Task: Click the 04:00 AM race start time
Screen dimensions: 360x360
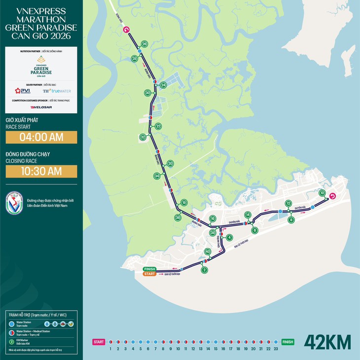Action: (x=41, y=137)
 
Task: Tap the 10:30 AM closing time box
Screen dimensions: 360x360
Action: (x=41, y=171)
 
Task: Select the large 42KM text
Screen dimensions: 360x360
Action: (x=327, y=342)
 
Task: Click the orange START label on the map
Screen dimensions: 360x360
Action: (x=149, y=274)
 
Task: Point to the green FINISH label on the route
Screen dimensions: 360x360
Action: (x=149, y=269)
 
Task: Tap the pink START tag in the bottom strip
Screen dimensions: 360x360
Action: (x=99, y=341)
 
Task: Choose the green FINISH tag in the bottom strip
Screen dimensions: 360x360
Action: (x=288, y=341)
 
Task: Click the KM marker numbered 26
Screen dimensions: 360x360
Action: (x=144, y=43)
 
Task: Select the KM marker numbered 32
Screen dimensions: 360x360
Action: (x=143, y=137)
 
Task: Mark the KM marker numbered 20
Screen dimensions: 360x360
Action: (x=170, y=163)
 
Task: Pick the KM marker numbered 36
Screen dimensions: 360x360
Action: (x=178, y=217)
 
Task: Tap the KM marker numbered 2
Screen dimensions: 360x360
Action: (x=204, y=270)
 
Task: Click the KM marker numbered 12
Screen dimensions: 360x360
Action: (x=288, y=203)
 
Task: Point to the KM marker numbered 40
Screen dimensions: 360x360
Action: (x=208, y=252)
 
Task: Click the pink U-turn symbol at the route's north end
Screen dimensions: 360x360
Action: (x=126, y=30)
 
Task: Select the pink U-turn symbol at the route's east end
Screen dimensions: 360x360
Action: (x=332, y=195)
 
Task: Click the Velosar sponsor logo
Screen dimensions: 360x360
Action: (x=41, y=107)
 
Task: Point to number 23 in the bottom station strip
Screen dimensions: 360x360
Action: (x=276, y=349)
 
